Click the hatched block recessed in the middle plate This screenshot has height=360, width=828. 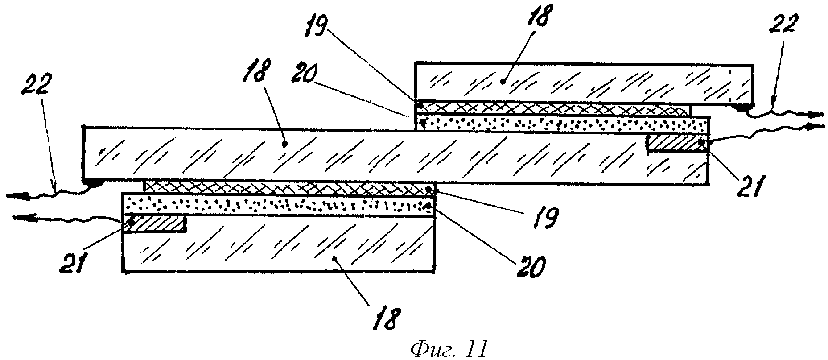[x=678, y=144]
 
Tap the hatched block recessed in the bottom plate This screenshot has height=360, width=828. [x=155, y=224]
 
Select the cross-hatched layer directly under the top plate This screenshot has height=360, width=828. [x=553, y=108]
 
